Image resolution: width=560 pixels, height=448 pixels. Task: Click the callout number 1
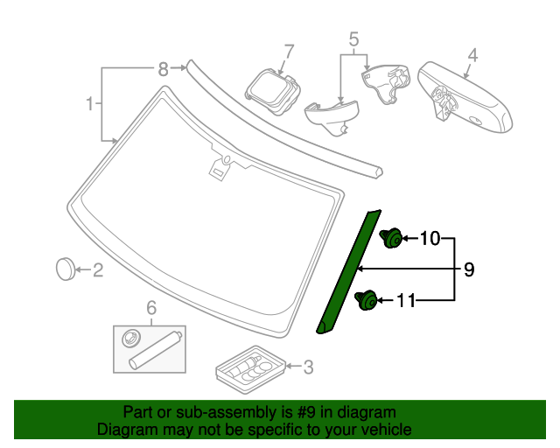[89, 105]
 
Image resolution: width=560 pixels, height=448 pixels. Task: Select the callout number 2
[98, 271]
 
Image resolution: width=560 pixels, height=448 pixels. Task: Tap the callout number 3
[306, 367]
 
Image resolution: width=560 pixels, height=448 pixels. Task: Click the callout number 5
[353, 39]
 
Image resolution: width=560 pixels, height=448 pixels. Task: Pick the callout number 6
[150, 308]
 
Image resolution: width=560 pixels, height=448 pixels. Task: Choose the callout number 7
[288, 51]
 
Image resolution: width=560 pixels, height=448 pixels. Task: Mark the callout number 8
[162, 67]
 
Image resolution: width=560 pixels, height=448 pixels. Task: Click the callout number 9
[469, 270]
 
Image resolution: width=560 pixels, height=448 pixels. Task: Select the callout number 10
[430, 238]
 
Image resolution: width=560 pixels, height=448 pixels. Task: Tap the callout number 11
[406, 302]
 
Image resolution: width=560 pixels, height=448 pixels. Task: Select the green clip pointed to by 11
[367, 302]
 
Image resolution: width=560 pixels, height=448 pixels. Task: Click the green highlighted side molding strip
[348, 271]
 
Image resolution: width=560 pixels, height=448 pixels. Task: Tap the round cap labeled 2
[66, 269]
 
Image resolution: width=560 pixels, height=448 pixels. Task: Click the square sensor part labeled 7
[271, 89]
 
